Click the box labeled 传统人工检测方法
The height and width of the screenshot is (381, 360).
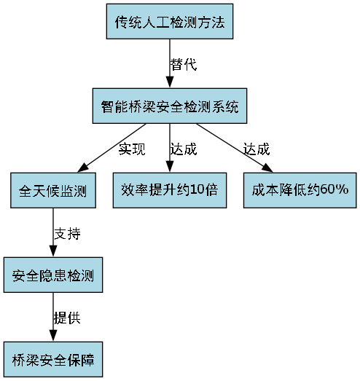pos(174,23)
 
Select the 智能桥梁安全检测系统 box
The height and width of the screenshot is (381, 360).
pos(169,106)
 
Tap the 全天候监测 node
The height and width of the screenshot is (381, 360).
pos(52,191)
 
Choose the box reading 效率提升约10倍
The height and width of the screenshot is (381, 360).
pos(169,191)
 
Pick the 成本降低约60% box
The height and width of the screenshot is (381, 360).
pos(300,191)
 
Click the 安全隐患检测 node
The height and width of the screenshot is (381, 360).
pos(52,275)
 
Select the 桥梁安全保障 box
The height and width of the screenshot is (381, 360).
pos(52,359)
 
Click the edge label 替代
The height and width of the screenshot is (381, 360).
pos(184,64)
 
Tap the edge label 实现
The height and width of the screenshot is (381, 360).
pos(132,149)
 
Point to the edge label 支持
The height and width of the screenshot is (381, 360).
pos(66,234)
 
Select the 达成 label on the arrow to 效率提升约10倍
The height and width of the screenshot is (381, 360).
pos(184,149)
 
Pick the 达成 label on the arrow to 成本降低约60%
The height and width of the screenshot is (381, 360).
pos(257,149)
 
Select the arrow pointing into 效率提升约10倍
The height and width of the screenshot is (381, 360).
pos(169,149)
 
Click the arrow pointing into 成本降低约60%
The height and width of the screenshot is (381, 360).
pos(233,149)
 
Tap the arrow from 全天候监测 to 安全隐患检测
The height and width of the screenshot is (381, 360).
pos(52,233)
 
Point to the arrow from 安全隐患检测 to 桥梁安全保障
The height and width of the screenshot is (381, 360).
pos(52,318)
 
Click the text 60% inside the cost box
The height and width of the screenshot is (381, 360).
pos(334,191)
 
